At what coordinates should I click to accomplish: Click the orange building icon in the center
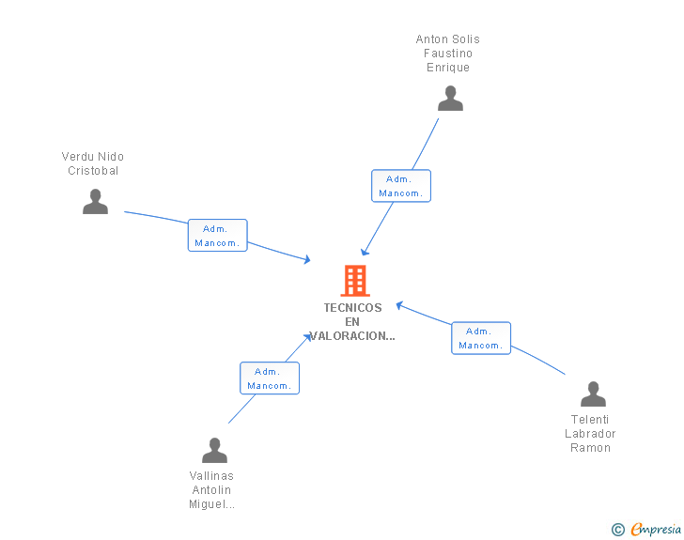354,281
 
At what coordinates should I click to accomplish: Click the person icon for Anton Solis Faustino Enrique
450,99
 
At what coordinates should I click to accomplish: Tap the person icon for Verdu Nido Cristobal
95,202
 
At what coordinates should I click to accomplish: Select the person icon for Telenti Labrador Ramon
593,394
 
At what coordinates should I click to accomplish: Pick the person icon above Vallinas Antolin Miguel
214,451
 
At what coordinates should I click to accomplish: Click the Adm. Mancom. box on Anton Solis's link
401,186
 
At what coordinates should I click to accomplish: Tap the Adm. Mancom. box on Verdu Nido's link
217,236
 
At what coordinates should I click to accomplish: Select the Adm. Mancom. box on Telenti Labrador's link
480,338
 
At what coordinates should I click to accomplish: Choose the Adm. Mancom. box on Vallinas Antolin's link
269,378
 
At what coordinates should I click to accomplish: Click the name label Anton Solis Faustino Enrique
448,54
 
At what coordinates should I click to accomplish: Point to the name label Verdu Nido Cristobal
93,163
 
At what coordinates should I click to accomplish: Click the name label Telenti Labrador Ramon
590,434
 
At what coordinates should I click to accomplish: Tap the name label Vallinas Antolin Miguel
211,490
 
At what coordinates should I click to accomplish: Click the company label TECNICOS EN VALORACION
353,322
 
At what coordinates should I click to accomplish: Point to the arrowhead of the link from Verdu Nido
306,259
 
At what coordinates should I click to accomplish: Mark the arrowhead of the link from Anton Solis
365,251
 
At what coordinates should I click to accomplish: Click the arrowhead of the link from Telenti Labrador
399,304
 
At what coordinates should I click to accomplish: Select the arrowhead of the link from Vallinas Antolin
308,335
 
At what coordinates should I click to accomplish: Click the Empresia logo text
656,530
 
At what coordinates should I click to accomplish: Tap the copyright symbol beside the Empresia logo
618,530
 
